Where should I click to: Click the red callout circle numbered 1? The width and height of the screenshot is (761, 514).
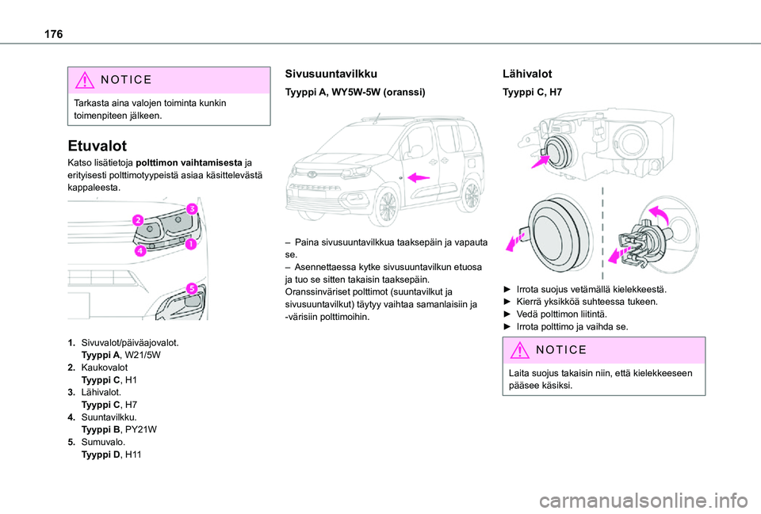coord(191,246)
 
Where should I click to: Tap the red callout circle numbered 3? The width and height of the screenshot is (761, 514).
coord(192,208)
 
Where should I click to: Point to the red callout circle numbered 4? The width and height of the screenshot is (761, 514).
coord(140,252)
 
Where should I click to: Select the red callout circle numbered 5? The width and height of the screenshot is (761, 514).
coord(191,287)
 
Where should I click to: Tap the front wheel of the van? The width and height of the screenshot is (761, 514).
coord(389,206)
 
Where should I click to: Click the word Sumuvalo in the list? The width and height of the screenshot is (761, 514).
coord(101,442)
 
